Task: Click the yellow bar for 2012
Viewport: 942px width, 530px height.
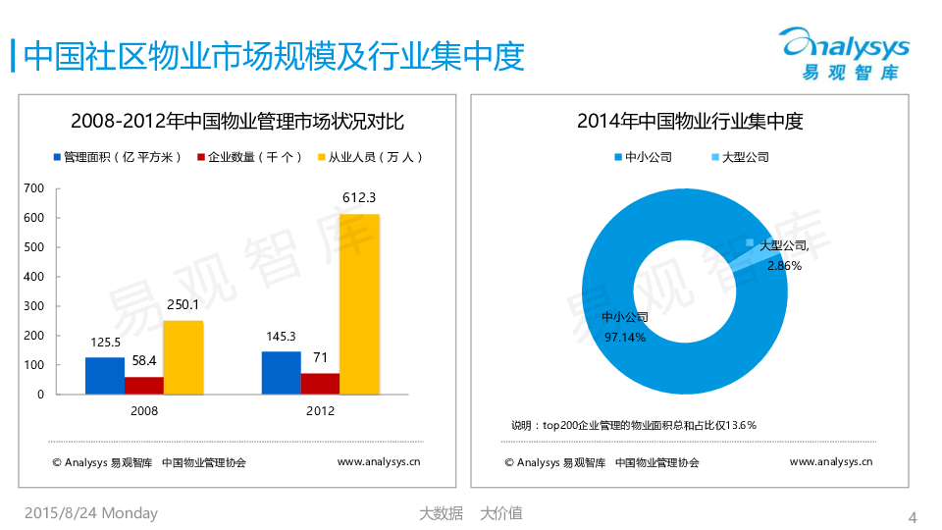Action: click(359, 304)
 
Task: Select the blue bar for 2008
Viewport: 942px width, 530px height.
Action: click(105, 375)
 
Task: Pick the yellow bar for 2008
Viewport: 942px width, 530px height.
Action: click(183, 357)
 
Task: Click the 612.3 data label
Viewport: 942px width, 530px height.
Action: click(359, 198)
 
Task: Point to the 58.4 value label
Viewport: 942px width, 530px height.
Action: click(144, 360)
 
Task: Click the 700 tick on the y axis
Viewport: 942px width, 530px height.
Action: click(33, 187)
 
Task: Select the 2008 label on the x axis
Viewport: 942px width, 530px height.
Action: click(144, 411)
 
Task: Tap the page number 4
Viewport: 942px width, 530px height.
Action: click(914, 517)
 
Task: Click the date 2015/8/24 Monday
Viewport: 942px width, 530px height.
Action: click(90, 513)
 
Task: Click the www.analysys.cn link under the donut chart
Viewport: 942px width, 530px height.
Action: click(830, 461)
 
